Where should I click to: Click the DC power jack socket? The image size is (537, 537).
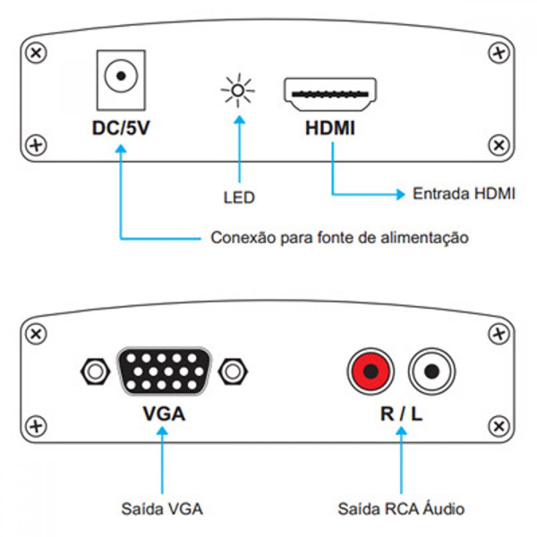121,77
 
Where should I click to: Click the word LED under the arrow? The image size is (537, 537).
239,198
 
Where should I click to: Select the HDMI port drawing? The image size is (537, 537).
330,95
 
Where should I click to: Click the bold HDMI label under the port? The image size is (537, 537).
330,129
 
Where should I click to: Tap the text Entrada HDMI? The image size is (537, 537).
464,194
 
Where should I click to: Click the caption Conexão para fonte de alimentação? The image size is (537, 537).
339,237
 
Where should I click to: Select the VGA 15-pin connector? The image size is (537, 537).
164,370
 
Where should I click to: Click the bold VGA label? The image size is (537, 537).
164,414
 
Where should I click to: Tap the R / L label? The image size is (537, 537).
401,414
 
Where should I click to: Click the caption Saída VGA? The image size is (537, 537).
162,508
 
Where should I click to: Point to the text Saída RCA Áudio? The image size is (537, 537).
401,508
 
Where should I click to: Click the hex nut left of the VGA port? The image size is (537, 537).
95,370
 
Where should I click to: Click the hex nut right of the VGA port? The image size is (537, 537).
233,370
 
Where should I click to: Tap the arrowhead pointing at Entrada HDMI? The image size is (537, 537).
400,194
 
